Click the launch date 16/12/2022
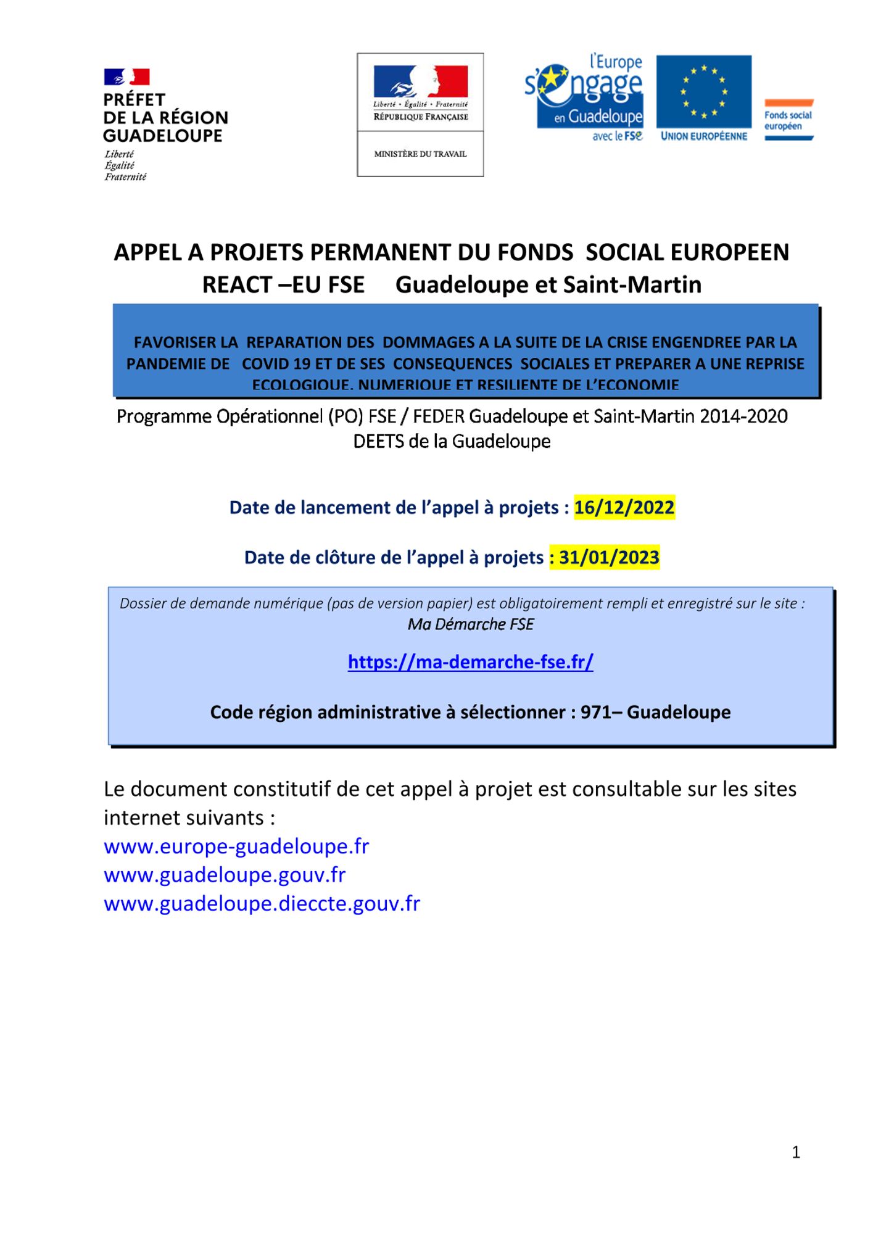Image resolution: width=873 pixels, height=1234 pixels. click(x=624, y=508)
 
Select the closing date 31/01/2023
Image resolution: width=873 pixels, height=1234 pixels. click(x=609, y=558)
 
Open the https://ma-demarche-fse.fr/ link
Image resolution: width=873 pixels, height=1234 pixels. click(x=470, y=662)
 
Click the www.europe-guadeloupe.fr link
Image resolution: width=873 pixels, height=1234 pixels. click(x=236, y=847)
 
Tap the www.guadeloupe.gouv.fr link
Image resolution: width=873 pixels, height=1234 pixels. click(x=225, y=875)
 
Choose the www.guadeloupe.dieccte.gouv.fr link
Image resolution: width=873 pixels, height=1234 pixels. click(x=262, y=904)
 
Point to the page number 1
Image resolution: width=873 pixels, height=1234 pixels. click(x=796, y=1152)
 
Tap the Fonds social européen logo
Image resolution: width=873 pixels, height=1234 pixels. click(x=788, y=120)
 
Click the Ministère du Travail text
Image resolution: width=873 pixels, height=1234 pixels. click(x=420, y=154)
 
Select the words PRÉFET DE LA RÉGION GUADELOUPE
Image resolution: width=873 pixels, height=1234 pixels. click(x=165, y=118)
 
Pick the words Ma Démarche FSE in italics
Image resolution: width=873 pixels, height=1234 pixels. click(x=470, y=624)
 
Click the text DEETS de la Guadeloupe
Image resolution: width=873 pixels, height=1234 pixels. click(x=452, y=442)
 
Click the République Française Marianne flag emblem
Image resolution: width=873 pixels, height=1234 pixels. click(x=420, y=82)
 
